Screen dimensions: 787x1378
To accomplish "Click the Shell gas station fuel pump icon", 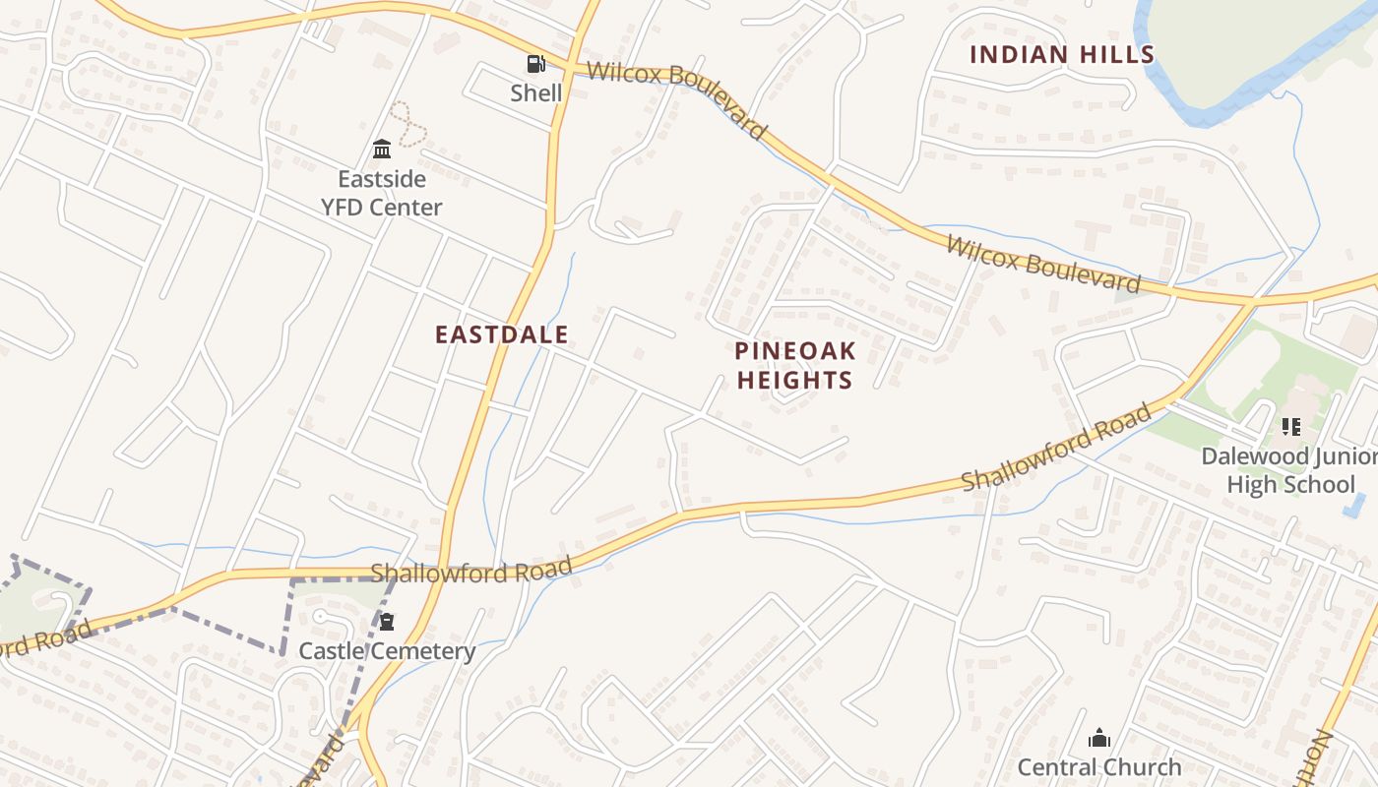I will click(535, 65).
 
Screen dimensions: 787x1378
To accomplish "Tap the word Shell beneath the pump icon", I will click(535, 93).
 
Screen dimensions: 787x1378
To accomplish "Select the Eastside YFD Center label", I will click(381, 193).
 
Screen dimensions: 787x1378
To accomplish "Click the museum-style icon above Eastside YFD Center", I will click(382, 150).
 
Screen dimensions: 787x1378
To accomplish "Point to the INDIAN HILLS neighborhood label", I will click(1061, 54).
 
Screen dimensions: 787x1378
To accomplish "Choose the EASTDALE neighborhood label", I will click(502, 334).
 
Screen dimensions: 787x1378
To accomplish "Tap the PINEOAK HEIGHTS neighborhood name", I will click(794, 365).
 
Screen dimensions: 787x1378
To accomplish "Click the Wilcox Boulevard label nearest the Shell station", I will click(676, 99).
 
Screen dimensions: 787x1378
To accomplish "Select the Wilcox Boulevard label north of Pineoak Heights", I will click(1043, 264).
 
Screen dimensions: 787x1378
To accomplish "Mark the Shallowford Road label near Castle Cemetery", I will click(470, 572).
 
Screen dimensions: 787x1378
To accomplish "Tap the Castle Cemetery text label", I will click(387, 651).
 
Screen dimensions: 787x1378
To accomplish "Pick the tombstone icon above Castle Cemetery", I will click(387, 622).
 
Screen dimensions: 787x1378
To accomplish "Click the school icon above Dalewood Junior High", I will click(1290, 427).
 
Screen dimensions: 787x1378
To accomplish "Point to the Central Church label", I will click(1099, 766).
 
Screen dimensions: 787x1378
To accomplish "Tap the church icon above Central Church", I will click(1099, 738).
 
